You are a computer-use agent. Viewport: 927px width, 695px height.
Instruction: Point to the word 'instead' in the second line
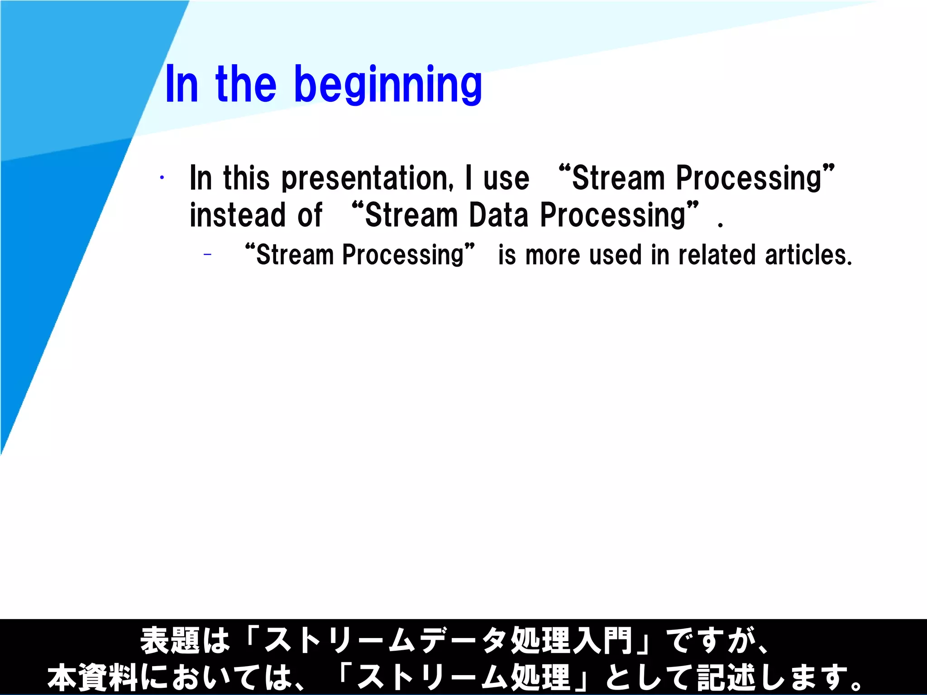click(237, 215)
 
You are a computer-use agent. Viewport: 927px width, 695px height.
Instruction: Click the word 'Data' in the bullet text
click(498, 215)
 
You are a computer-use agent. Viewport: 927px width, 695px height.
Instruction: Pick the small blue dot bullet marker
click(162, 178)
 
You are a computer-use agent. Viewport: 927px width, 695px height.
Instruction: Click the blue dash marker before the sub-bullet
click(207, 255)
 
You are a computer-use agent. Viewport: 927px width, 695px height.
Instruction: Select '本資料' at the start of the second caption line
click(92, 677)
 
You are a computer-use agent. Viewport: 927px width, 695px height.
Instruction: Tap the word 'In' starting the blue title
click(182, 85)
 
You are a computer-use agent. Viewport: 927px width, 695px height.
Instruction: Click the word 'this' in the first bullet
click(246, 178)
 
